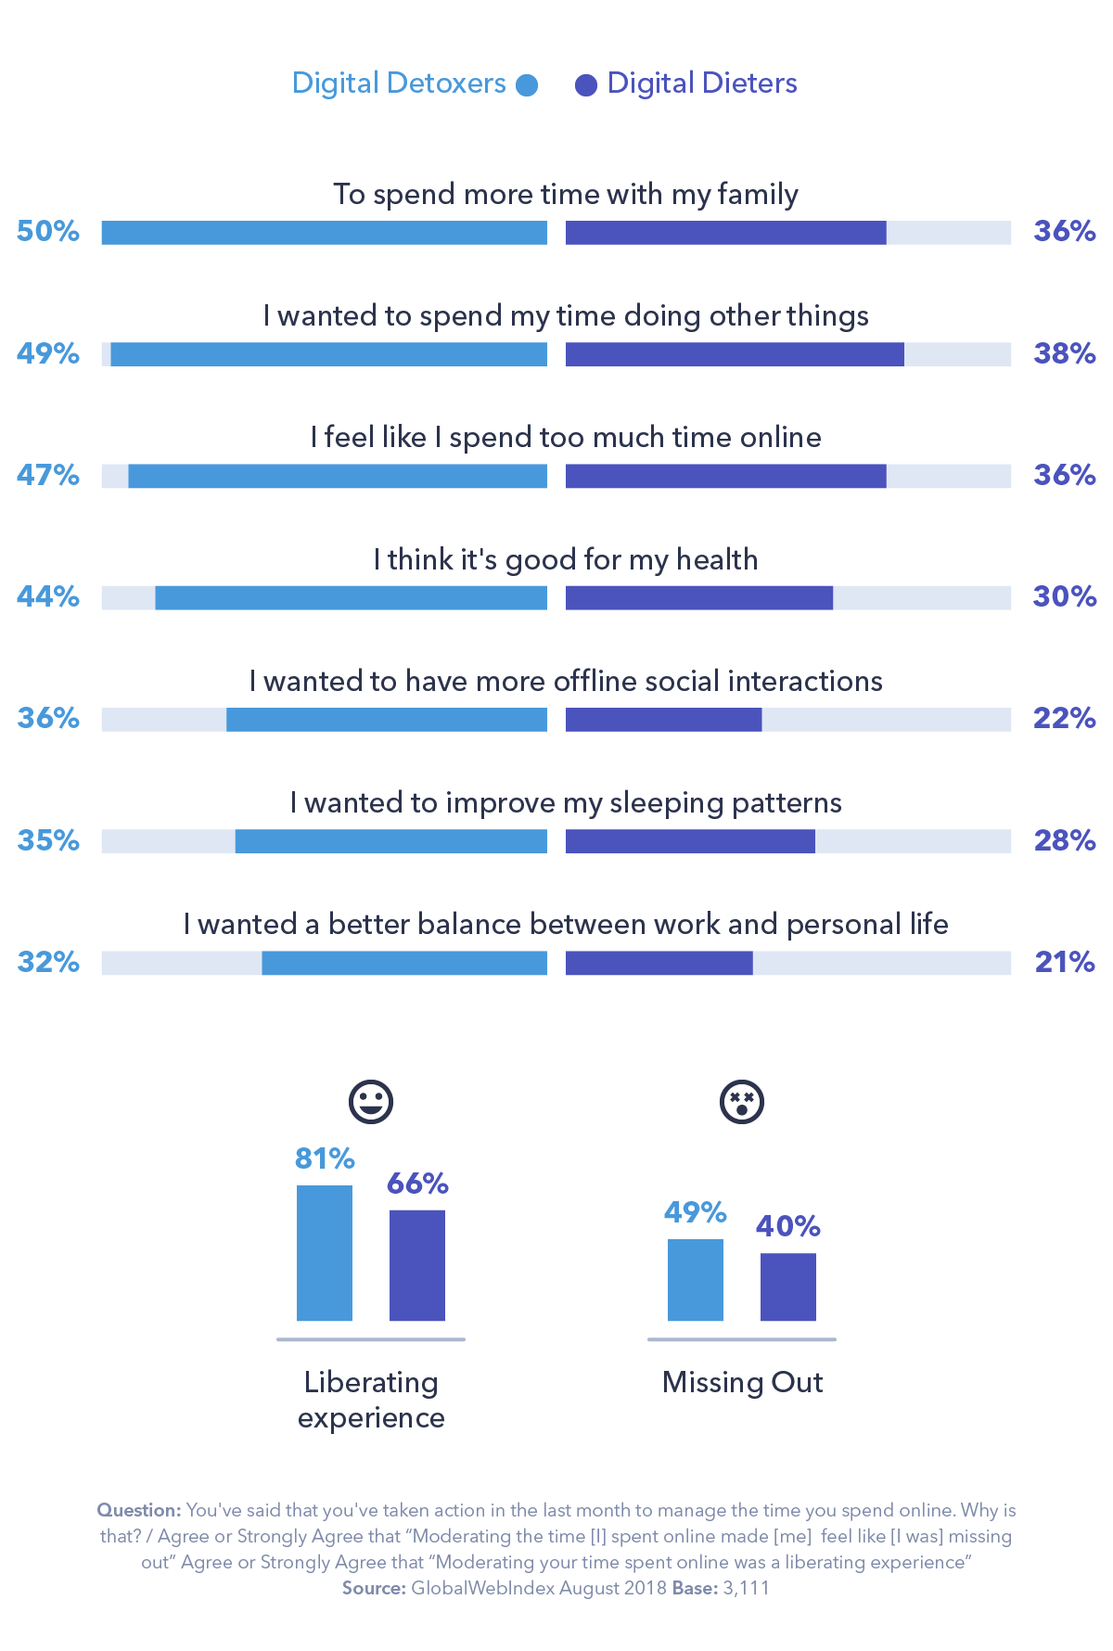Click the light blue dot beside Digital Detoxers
[527, 85]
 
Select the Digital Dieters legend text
[701, 83]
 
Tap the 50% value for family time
[48, 231]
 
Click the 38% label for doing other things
[1064, 353]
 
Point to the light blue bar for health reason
[351, 598]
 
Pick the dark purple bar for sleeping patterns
[690, 841]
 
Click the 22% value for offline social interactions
[1064, 718]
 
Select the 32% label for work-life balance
[48, 962]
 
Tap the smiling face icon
[371, 1102]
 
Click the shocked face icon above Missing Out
[742, 1102]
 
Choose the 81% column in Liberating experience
[325, 1252]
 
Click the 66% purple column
[417, 1265]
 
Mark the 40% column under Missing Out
[788, 1286]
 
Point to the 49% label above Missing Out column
[695, 1212]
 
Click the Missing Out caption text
[742, 1382]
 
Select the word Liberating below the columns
[371, 1382]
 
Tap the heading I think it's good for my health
[566, 559]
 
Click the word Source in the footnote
[373, 1588]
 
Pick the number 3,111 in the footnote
[747, 1588]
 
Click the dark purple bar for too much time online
[725, 476]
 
